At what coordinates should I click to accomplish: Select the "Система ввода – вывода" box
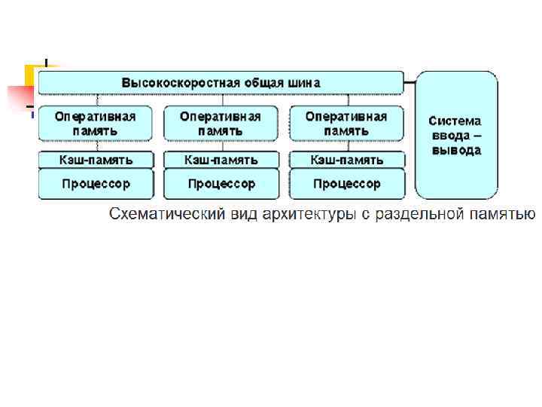pyautogui.click(x=455, y=135)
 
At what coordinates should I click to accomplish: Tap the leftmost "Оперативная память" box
pyautogui.click(x=96, y=124)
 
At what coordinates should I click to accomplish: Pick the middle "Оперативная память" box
pyautogui.click(x=221, y=124)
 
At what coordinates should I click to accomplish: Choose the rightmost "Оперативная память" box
pyautogui.click(x=346, y=124)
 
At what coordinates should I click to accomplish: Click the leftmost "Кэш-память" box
pyautogui.click(x=96, y=160)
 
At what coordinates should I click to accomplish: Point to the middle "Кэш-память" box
pyautogui.click(x=221, y=160)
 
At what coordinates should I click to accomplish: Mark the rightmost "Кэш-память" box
pyautogui.click(x=346, y=160)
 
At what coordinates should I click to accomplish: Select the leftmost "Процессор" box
pyautogui.click(x=96, y=184)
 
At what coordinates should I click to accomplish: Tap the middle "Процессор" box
pyautogui.click(x=221, y=184)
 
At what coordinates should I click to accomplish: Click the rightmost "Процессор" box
pyautogui.click(x=346, y=184)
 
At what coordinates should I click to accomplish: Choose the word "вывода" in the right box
pyautogui.click(x=455, y=150)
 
